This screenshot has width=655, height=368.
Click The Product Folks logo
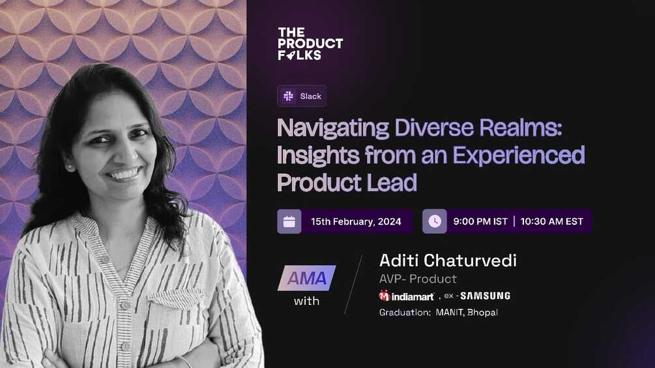[x=310, y=44]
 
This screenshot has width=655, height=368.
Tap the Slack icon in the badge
[x=288, y=96]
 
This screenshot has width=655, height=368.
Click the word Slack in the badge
[x=310, y=96]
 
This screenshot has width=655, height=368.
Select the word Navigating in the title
[x=332, y=128]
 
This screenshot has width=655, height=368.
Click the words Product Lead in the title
[x=347, y=182]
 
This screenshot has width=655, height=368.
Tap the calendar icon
[x=289, y=221]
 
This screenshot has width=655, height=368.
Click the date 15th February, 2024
[x=356, y=221]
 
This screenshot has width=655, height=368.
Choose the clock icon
[x=435, y=221]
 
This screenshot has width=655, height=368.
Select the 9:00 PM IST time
[x=480, y=221]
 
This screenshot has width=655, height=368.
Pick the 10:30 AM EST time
[x=551, y=221]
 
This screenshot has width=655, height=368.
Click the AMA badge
[x=306, y=278]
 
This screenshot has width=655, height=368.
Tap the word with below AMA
[x=306, y=302]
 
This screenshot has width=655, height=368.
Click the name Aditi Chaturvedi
[x=448, y=261]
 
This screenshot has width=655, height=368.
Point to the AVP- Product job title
[x=418, y=279]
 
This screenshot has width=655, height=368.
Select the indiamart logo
[x=406, y=296]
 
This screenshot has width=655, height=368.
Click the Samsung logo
[x=486, y=296]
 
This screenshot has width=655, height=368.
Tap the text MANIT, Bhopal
[x=467, y=313]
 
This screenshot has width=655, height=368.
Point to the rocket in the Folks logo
[x=291, y=55]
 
